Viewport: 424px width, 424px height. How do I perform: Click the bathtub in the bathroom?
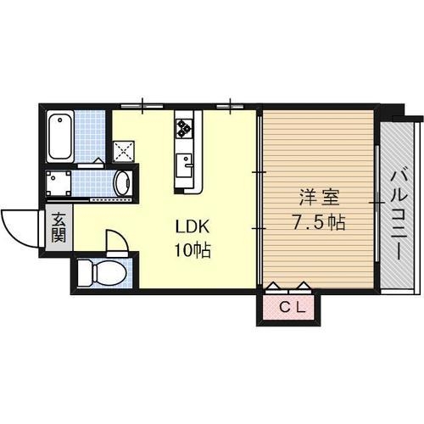pos(62,137)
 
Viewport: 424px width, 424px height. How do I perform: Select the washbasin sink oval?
pos(121,183)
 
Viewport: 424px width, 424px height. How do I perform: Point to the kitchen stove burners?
pos(184,129)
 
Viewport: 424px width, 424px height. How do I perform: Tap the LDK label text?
pos(192,227)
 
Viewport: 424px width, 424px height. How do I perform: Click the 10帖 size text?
pos(193,251)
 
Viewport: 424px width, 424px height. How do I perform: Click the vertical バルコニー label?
pos(396,215)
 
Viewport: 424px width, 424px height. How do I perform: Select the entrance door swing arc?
pos(19,226)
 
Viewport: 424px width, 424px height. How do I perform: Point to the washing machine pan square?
pos(59,183)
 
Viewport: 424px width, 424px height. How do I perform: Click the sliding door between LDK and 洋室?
pos(259,200)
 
